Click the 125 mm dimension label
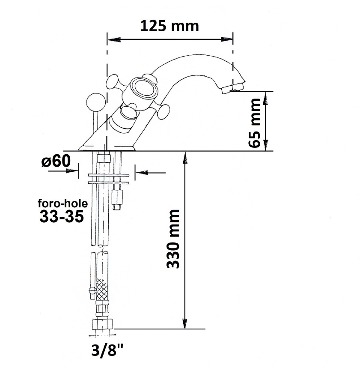(x=170, y=26)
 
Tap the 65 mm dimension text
(x=254, y=123)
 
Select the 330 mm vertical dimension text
(x=173, y=239)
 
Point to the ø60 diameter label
(x=56, y=161)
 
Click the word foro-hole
(x=63, y=203)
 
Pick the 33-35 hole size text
(x=62, y=216)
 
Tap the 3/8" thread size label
(x=107, y=350)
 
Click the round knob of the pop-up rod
(x=96, y=102)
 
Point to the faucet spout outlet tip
(x=232, y=88)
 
